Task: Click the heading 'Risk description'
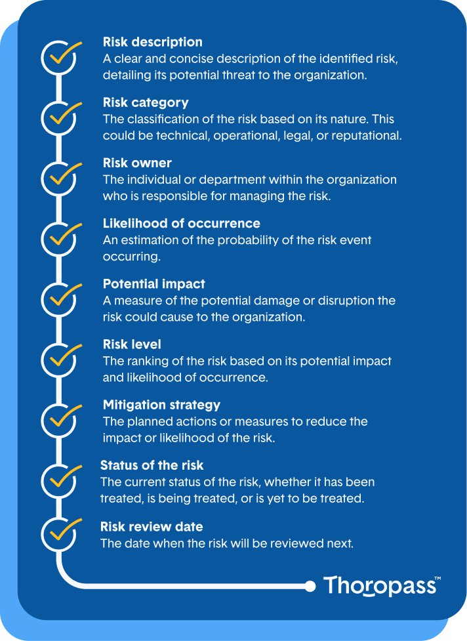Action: tap(152, 42)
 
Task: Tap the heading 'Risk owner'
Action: tap(137, 163)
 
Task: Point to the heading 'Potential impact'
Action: tap(153, 283)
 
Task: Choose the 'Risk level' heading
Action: tap(132, 344)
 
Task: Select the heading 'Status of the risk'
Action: tap(152, 465)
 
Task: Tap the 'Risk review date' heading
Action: tap(152, 526)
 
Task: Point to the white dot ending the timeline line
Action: tap(310, 586)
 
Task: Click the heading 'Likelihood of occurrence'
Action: tap(181, 223)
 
